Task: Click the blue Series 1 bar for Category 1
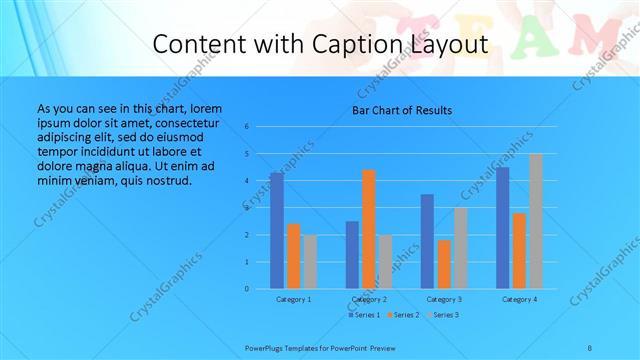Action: tap(276, 231)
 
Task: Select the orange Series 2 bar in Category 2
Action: tap(369, 229)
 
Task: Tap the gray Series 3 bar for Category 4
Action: tap(536, 221)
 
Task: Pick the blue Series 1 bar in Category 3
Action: tap(427, 241)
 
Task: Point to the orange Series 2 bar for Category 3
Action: tap(444, 264)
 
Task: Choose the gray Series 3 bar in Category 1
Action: tap(310, 262)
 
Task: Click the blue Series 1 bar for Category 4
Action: tap(502, 228)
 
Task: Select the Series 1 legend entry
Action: tap(364, 315)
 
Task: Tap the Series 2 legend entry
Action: tap(404, 315)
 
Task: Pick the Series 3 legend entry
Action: tap(444, 315)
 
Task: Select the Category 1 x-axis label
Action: tap(293, 299)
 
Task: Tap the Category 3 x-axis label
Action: tap(444, 299)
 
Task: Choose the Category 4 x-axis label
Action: tap(519, 299)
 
